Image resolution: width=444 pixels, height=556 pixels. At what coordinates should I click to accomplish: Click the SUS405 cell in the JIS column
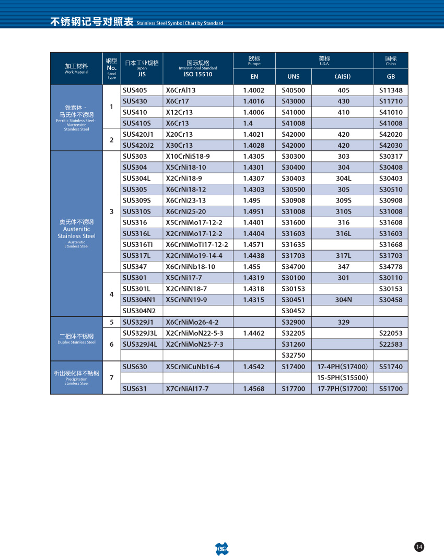135,90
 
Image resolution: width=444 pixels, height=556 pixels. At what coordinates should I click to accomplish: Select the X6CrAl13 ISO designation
181,90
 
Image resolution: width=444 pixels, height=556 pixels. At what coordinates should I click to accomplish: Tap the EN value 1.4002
254,90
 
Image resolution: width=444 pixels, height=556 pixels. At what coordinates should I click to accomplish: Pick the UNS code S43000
293,101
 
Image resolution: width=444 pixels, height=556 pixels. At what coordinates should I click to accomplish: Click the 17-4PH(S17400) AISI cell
343,366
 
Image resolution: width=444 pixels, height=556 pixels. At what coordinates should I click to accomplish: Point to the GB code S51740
391,366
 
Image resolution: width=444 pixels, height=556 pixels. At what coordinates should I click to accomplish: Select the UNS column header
294,77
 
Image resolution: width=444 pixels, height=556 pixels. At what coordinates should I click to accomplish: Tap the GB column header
391,77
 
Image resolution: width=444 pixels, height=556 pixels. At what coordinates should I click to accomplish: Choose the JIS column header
142,74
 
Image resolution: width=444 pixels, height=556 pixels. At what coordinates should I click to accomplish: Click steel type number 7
111,377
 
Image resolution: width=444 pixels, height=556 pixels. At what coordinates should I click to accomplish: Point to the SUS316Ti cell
138,244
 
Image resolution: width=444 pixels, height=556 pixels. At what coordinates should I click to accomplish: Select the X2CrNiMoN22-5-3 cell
194,333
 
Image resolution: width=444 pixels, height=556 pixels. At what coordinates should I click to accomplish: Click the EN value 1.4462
254,333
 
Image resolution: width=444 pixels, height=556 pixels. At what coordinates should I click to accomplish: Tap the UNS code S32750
293,355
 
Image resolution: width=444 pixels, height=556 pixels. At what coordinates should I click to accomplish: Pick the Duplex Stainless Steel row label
76,339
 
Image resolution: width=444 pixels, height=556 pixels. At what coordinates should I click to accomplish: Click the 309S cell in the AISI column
343,200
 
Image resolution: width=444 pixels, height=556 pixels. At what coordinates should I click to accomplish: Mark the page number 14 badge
419,547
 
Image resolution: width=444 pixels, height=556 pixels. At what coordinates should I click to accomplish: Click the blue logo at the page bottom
222,548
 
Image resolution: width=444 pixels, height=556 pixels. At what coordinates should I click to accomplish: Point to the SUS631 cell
135,388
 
